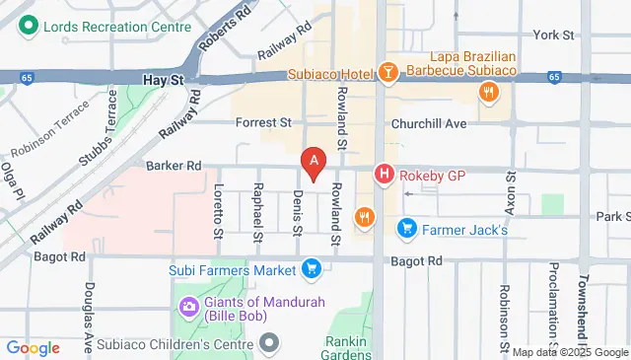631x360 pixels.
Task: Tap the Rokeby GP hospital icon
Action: click(x=385, y=176)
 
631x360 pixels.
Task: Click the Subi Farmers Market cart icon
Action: click(x=312, y=268)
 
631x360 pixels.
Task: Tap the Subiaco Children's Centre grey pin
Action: click(x=270, y=343)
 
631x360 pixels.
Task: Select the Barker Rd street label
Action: click(x=174, y=167)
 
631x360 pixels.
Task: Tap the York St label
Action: click(x=553, y=36)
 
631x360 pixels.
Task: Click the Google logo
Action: click(x=33, y=347)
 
